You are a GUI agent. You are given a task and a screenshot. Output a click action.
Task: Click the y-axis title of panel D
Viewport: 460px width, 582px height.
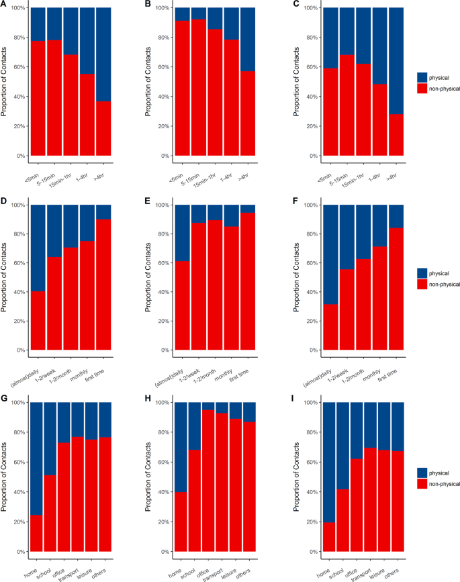(x=5, y=277)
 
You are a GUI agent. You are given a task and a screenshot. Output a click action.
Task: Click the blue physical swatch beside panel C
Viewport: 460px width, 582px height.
(x=422, y=77)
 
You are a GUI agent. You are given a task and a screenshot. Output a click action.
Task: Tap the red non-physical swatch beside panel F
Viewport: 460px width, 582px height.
(x=422, y=284)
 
